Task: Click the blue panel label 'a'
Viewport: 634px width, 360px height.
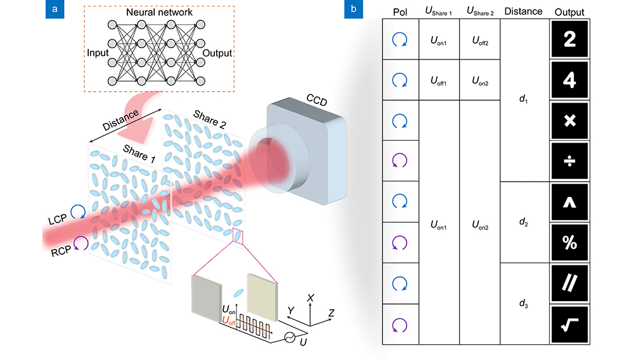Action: [x=55, y=9]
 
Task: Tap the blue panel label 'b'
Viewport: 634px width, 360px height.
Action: [x=353, y=9]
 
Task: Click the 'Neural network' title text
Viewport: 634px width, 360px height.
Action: [x=159, y=13]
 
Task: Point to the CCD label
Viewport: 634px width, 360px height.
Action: [x=316, y=100]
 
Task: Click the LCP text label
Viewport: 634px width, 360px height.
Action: [x=58, y=219]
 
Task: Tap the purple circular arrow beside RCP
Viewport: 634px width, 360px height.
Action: [x=81, y=243]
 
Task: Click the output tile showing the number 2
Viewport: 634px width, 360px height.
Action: [x=569, y=39]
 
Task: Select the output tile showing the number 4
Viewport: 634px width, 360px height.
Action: [x=569, y=80]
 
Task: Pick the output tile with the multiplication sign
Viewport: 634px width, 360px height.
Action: [x=569, y=120]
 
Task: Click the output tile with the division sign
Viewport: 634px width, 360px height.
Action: [x=569, y=161]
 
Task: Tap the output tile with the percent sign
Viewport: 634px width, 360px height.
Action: [x=569, y=242]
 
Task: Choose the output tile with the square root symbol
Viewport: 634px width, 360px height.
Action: [x=569, y=324]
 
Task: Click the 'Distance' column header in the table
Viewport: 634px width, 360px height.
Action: [x=523, y=11]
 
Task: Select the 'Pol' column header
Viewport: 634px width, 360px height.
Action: [x=400, y=12]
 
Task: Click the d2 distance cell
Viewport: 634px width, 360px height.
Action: [x=523, y=222]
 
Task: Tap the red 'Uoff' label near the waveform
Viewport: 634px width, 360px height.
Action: [x=228, y=321]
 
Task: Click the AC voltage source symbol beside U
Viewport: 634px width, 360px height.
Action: [x=290, y=337]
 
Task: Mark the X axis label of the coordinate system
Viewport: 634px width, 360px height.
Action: [x=310, y=298]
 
